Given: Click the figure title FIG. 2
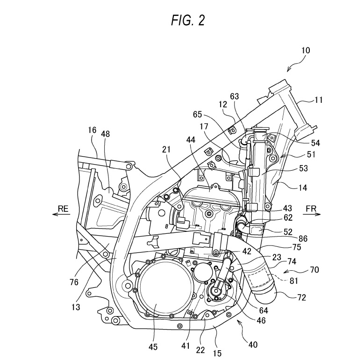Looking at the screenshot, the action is [188, 21].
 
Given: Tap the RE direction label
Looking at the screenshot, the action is [63, 209].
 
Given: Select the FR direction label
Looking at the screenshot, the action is [311, 209].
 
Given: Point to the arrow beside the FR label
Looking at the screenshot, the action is [312, 215].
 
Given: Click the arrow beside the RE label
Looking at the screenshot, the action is [61, 214].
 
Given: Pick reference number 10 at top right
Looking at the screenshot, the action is [306, 50].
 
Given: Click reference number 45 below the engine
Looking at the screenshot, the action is [153, 347].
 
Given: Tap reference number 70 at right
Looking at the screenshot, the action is [314, 270].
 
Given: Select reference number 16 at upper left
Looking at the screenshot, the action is [92, 130].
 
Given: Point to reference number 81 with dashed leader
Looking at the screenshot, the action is [293, 281].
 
